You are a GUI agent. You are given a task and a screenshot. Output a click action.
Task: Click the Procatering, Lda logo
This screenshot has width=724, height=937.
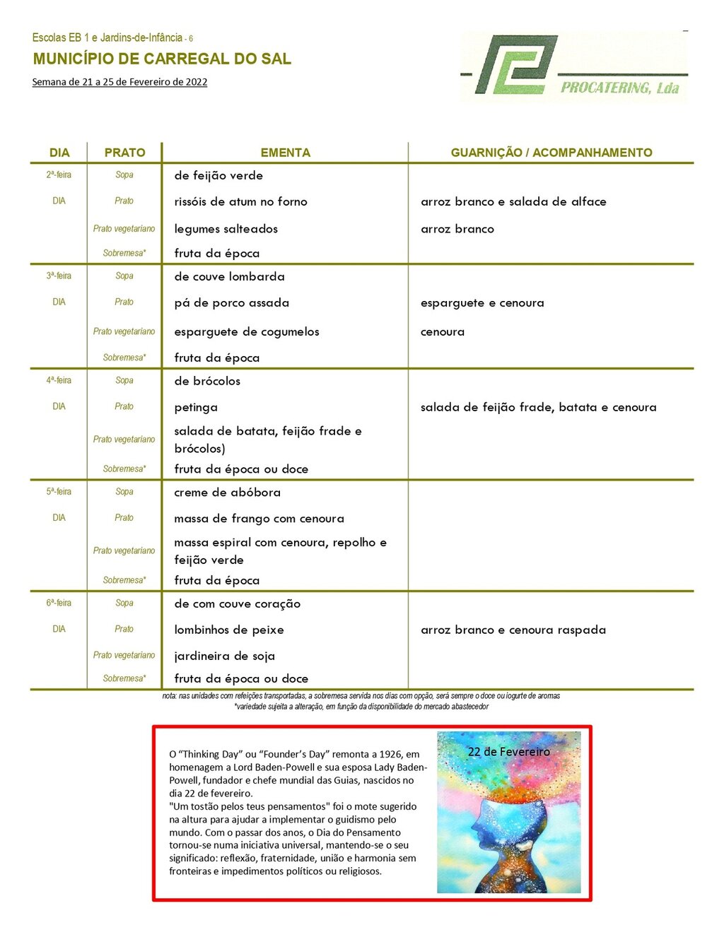573,66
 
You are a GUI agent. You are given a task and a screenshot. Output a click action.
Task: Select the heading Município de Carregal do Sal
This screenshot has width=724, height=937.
162,59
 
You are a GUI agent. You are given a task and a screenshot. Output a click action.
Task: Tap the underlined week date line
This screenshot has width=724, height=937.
119,82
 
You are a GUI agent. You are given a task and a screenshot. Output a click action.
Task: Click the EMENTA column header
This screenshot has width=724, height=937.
285,153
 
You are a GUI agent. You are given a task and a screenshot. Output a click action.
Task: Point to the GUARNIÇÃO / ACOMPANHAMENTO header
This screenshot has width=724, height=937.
551,153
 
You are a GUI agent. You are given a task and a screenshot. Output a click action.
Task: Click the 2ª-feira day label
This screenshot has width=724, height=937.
59,175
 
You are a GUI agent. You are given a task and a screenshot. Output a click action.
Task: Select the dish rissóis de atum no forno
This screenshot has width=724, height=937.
240,201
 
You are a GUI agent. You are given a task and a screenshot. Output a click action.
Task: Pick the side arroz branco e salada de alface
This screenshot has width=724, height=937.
513,201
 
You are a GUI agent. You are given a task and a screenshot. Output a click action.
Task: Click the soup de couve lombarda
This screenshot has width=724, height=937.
229,276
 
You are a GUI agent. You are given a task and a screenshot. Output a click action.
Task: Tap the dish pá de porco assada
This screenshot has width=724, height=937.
231,302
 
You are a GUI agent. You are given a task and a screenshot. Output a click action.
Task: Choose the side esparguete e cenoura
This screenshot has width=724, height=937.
482,302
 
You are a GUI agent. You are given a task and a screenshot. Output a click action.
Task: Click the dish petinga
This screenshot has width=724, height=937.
196,407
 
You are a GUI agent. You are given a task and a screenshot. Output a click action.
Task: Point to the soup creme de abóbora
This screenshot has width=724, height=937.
227,493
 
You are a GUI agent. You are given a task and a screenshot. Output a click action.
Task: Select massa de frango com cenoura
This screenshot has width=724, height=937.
259,519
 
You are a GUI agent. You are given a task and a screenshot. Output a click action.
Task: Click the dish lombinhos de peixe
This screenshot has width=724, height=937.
228,630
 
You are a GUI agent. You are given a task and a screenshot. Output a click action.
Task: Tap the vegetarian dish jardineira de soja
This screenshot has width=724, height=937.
224,656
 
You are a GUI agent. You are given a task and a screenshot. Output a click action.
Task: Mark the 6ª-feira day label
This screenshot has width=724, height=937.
59,603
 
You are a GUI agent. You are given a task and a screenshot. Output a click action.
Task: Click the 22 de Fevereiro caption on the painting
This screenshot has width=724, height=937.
508,752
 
